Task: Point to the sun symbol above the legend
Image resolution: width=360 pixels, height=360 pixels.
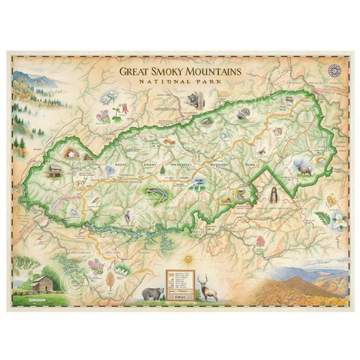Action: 181,257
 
